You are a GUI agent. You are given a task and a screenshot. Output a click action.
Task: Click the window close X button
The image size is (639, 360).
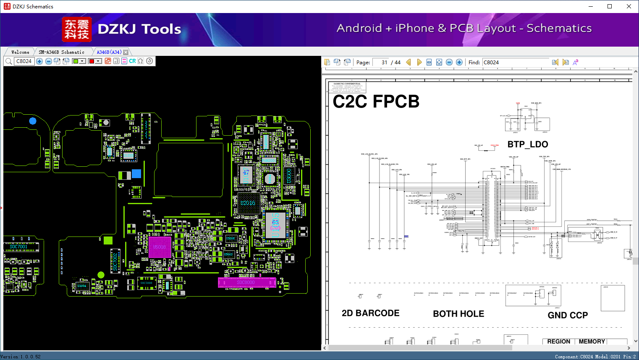[629, 6]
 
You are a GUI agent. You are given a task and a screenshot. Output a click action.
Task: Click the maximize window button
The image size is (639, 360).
[610, 6]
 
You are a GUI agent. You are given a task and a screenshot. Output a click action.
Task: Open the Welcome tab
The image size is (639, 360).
[20, 52]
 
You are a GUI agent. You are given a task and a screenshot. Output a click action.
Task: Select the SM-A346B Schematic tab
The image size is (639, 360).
[61, 52]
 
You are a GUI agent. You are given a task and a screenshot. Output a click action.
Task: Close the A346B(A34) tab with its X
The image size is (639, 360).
[126, 52]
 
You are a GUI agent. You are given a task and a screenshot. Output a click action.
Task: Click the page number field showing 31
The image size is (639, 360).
[381, 62]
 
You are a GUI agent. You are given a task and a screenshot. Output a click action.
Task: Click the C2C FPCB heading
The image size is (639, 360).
[376, 102]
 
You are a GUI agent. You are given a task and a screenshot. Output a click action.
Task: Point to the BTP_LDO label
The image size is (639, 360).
[527, 144]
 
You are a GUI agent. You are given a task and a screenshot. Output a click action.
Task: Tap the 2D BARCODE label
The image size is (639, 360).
[370, 313]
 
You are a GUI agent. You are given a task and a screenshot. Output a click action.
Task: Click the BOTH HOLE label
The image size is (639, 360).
[458, 314]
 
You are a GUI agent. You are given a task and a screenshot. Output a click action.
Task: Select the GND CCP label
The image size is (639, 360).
[568, 315]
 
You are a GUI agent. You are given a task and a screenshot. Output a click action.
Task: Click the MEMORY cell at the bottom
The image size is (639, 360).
[592, 342]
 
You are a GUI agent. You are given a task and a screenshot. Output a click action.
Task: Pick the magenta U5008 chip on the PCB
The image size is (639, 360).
[160, 247]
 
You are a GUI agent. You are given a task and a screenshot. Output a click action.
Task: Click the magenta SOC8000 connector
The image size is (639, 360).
[246, 282]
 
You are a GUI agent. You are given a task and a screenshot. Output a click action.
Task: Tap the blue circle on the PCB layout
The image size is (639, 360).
[33, 121]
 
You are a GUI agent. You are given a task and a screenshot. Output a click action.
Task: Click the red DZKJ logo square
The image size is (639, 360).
[76, 29]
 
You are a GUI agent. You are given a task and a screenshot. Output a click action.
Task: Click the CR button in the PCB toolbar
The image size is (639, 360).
[132, 61]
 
